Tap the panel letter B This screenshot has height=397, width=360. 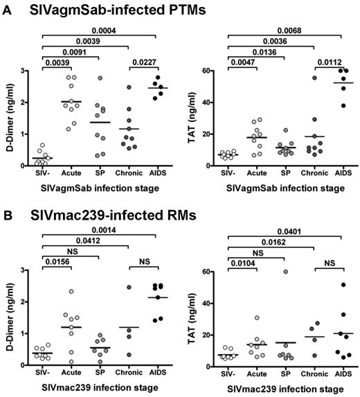[x=6, y=205]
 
